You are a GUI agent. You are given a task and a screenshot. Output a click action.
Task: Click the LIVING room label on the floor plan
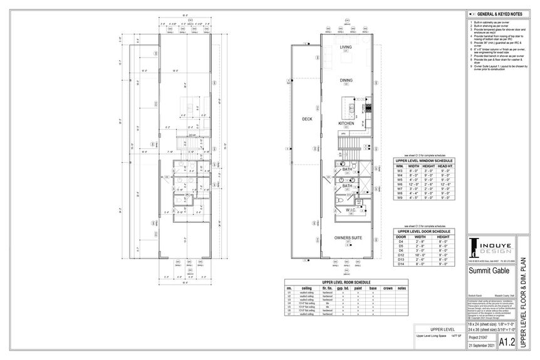pyautogui.click(x=345, y=47)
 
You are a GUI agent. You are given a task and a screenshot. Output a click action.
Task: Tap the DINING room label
pyautogui.click(x=345, y=80)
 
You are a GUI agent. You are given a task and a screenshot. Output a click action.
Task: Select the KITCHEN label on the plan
pyautogui.click(x=346, y=123)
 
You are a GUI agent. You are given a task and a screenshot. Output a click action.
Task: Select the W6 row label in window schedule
pyautogui.click(x=398, y=185)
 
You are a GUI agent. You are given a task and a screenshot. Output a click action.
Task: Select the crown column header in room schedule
pyautogui.click(x=388, y=288)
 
